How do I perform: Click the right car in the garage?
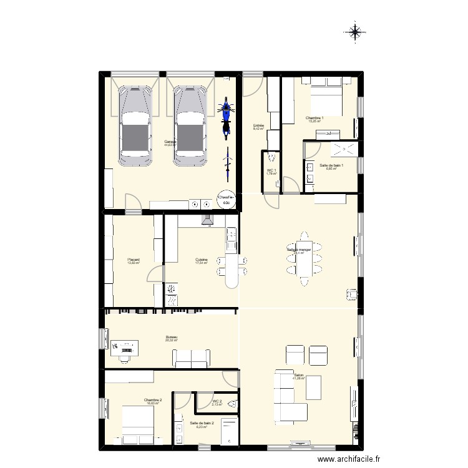pyautogui.click(x=190, y=126)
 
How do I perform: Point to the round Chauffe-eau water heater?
pyautogui.click(x=226, y=199)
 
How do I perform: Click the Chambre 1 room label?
pyautogui.click(x=314, y=119)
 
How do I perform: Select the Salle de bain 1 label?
pyautogui.click(x=331, y=166)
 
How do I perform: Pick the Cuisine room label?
pyautogui.click(x=201, y=260)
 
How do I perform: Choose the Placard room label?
pyautogui.click(x=133, y=260)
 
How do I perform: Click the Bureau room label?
pyautogui.click(x=172, y=338)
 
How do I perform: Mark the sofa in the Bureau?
pyautogui.click(x=191, y=358)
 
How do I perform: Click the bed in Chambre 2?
pyautogui.click(x=137, y=424)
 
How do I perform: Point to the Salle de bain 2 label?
pyautogui.click(x=202, y=424)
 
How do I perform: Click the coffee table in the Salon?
pyautogui.click(x=313, y=388)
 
